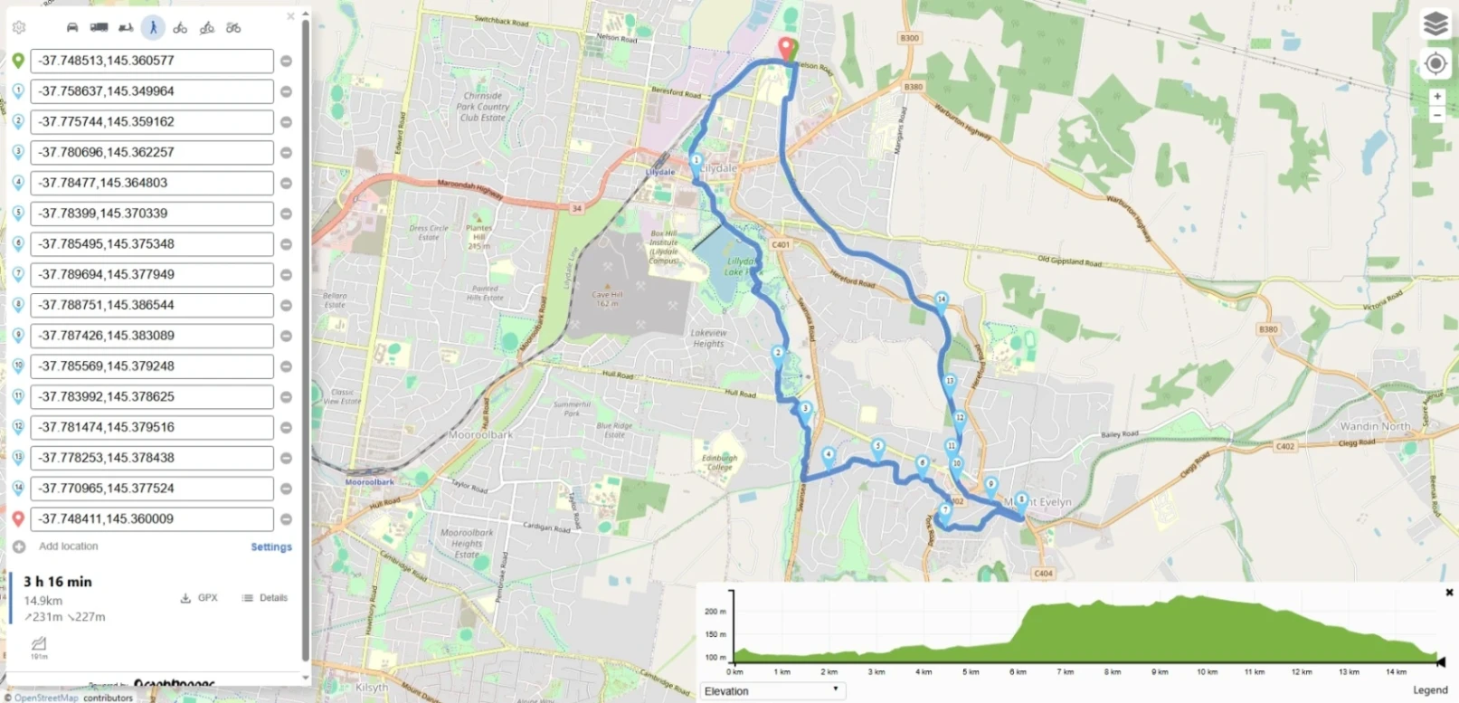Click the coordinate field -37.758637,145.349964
[151, 91]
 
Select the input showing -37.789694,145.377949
[151, 274]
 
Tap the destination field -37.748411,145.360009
[151, 518]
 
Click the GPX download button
[199, 598]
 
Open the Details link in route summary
[265, 598]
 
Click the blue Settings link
[270, 547]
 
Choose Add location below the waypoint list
[68, 546]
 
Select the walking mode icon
[153, 27]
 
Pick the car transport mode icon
[72, 27]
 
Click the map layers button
[1435, 24]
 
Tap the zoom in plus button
[1436, 96]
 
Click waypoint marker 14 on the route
[941, 300]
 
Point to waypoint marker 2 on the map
[778, 354]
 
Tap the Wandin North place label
[1375, 426]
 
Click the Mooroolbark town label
[481, 435]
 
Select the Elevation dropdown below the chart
[772, 691]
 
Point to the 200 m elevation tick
[715, 612]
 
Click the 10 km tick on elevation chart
[1207, 672]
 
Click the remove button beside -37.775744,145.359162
[286, 122]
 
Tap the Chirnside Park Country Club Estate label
[483, 107]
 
